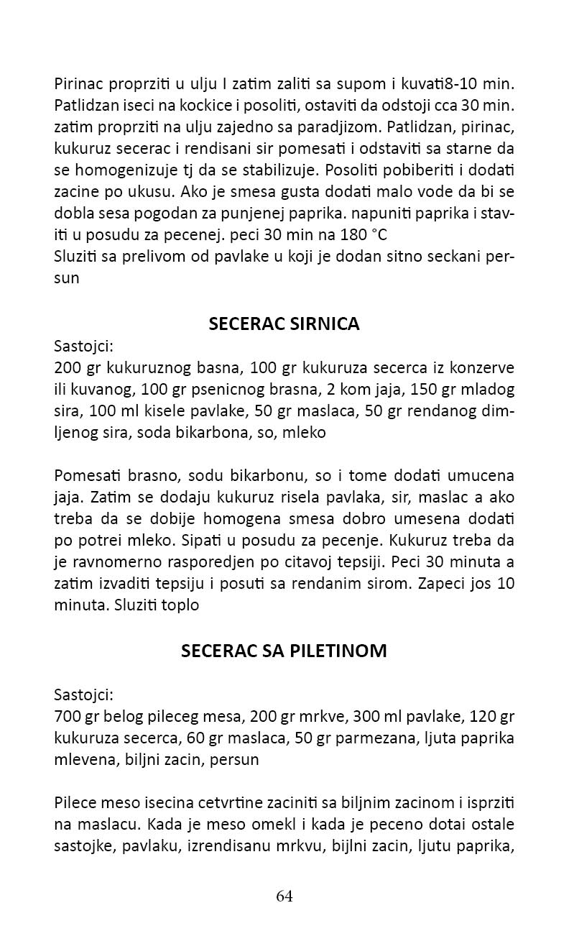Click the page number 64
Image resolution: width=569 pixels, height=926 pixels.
(x=284, y=897)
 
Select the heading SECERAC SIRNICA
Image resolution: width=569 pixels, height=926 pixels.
(x=284, y=324)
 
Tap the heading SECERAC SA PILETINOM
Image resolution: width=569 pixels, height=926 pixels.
(x=284, y=651)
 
